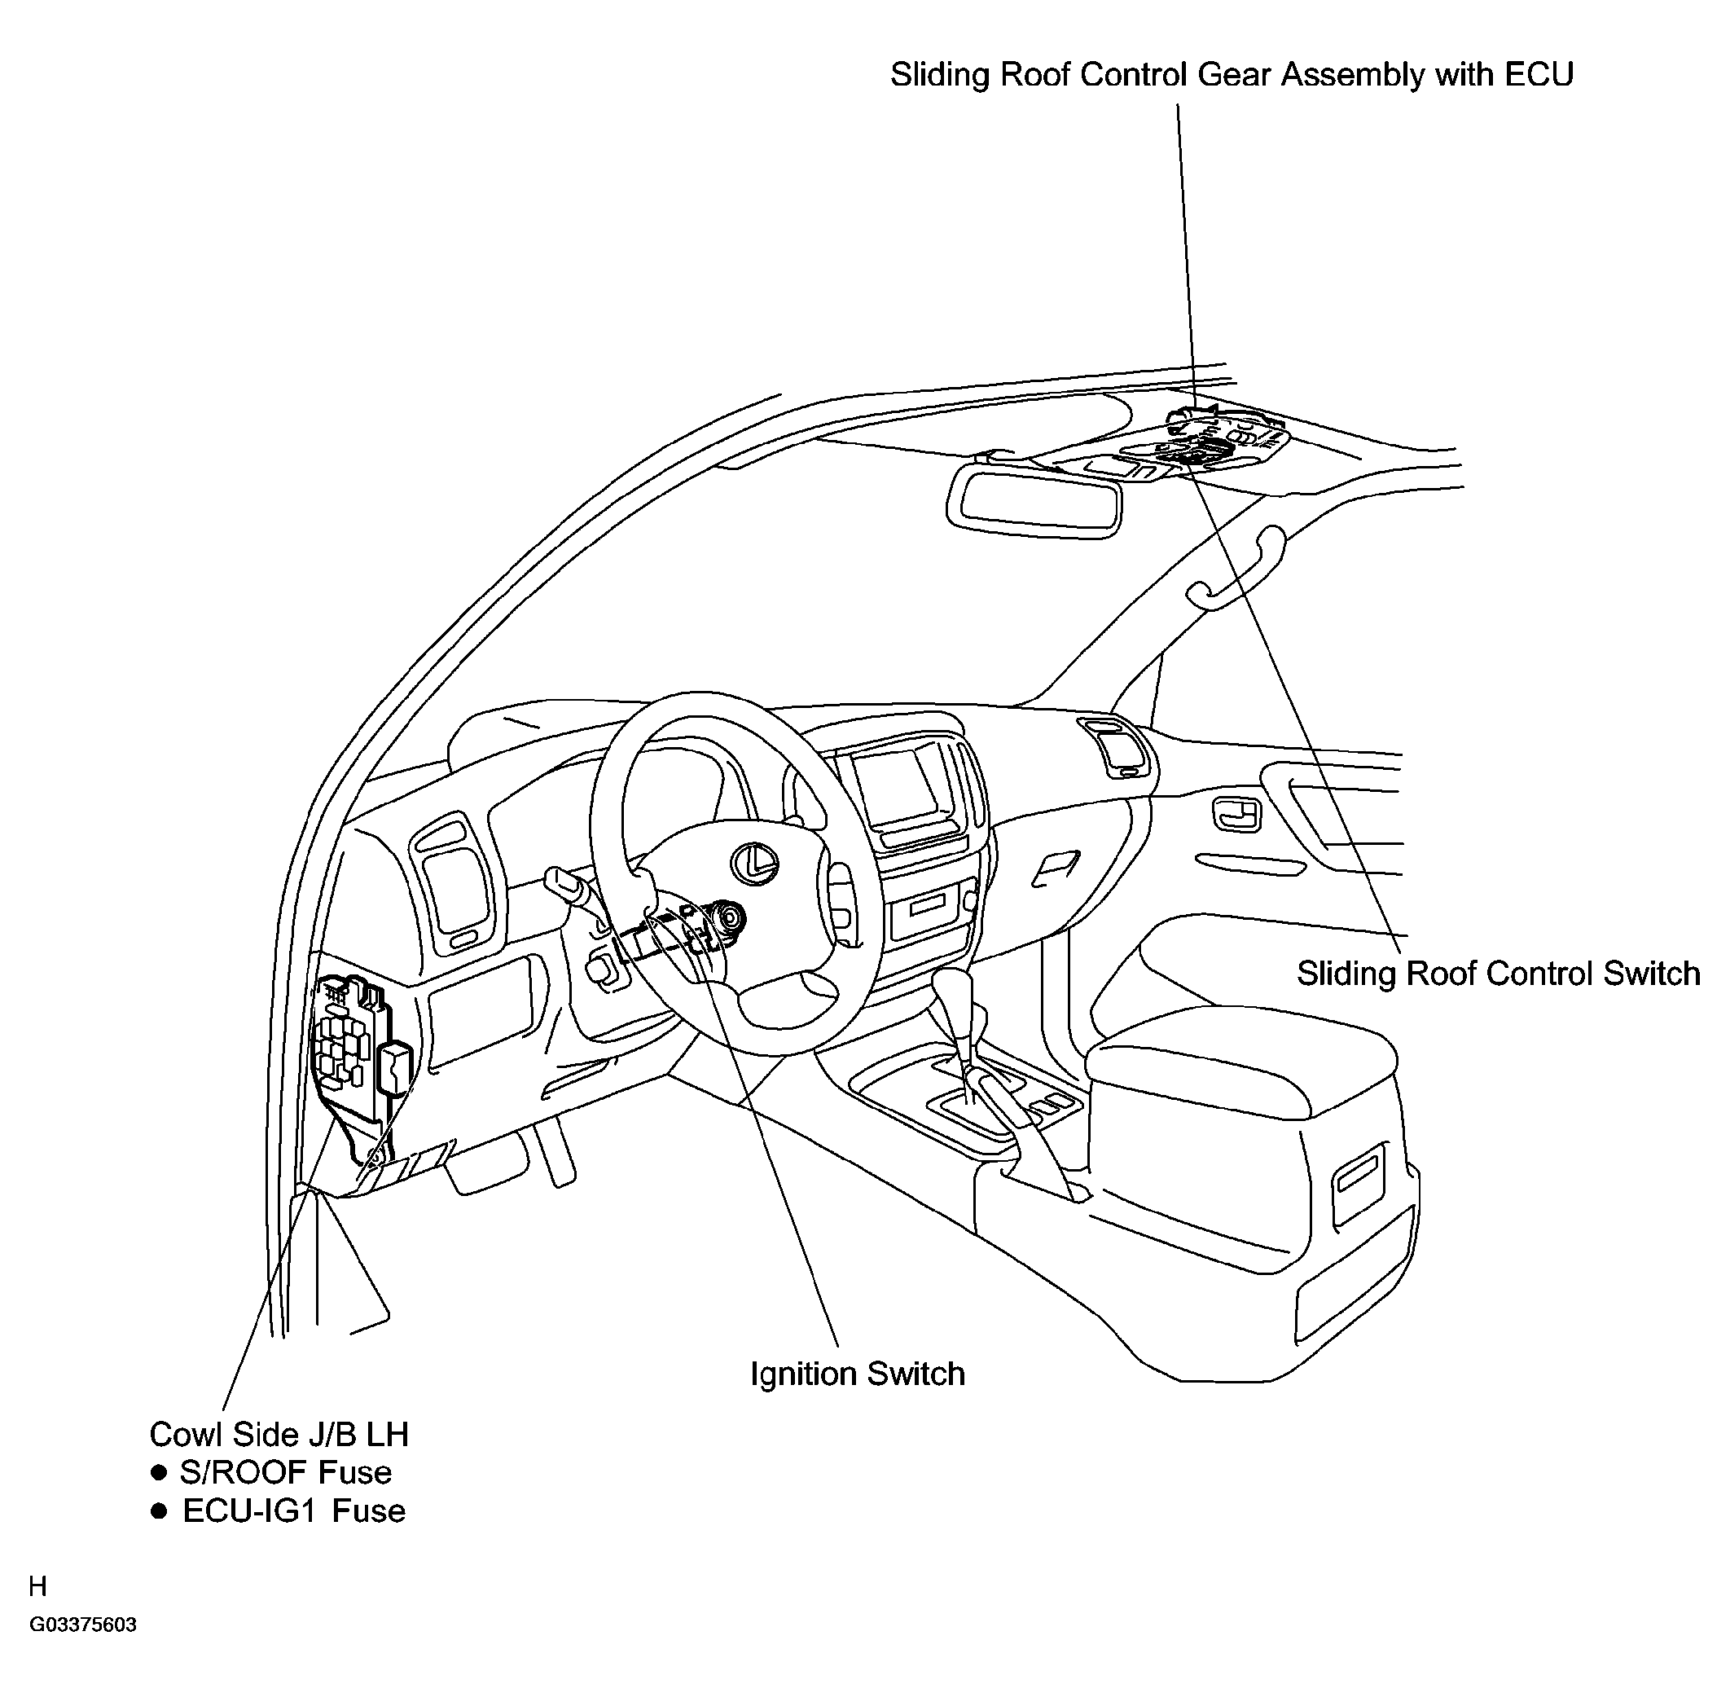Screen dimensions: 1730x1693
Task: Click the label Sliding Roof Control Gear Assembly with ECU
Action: pos(1232,75)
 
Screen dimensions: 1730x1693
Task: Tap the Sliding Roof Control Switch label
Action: pos(1498,974)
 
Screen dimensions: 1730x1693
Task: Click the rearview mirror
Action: pos(1034,499)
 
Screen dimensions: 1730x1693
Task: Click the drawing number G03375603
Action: pos(83,1625)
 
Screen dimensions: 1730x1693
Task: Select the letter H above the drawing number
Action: pos(38,1586)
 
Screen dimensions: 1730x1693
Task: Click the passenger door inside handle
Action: pos(1237,814)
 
